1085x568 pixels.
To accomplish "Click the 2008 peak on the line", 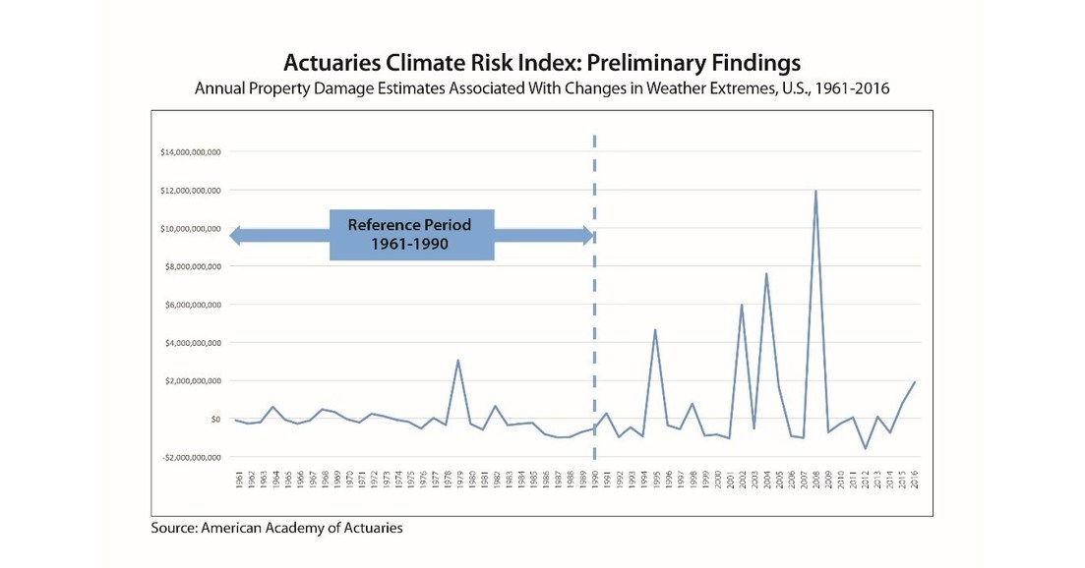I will (x=815, y=191).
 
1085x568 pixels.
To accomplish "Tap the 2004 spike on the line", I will (x=766, y=273).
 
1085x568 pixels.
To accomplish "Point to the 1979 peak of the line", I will (x=457, y=360).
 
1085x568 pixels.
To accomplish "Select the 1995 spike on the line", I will (x=655, y=330).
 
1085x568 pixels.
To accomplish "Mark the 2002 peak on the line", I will (x=742, y=305).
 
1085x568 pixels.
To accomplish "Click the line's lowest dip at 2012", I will (x=866, y=448).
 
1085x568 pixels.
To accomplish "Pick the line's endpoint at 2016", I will (x=915, y=381).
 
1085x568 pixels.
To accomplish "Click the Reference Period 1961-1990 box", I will (x=410, y=235).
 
